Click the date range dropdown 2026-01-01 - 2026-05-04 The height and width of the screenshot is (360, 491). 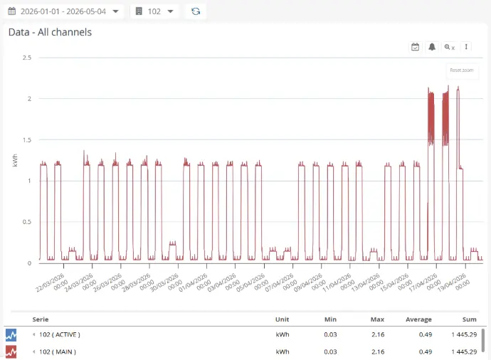[x=63, y=11]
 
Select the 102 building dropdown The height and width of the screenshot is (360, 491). [x=154, y=11]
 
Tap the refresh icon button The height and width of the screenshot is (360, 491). [x=196, y=11]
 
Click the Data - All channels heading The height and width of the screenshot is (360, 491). [x=50, y=32]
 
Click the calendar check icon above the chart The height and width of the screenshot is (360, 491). [x=416, y=47]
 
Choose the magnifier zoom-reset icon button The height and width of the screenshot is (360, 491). [x=449, y=47]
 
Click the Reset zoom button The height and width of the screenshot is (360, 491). [x=462, y=70]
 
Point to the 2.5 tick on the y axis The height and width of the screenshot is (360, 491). [x=27, y=58]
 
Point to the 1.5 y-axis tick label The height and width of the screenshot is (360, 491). [x=27, y=140]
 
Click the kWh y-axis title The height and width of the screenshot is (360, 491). [x=15, y=160]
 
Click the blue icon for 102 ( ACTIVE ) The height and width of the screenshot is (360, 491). [x=11, y=335]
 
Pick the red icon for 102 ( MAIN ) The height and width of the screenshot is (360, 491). [x=11, y=352]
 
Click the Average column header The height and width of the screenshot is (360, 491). [x=418, y=319]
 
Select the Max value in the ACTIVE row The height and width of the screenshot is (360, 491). [x=378, y=334]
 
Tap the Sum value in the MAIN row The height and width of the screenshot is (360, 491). [x=464, y=352]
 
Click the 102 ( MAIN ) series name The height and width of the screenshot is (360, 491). [x=58, y=352]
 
